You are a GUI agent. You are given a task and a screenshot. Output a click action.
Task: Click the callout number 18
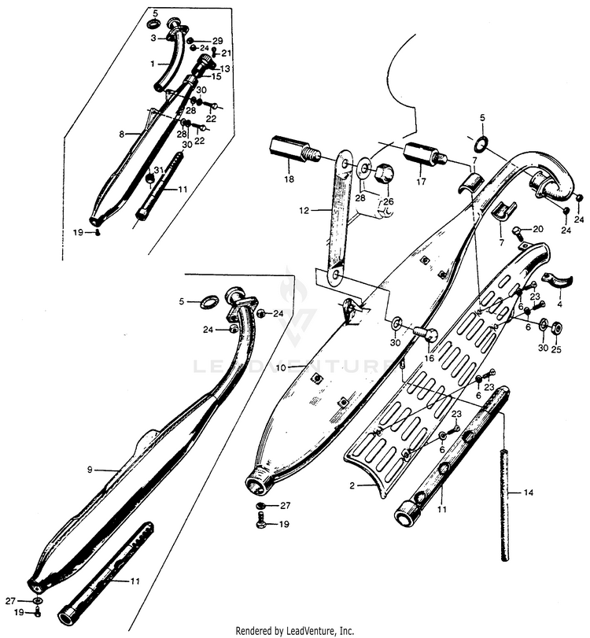click(289, 179)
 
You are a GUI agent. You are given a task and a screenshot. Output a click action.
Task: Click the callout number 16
click(430, 356)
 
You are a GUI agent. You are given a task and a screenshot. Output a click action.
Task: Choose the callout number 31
click(158, 170)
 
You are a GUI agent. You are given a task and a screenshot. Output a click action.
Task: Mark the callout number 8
click(121, 135)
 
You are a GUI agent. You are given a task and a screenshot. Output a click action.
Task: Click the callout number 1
click(154, 61)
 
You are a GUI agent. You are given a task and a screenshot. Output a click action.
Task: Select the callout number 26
click(388, 201)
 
